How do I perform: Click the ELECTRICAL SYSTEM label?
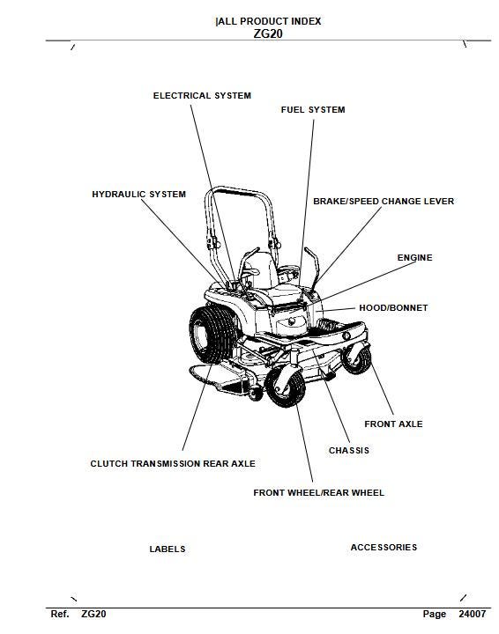click(202, 95)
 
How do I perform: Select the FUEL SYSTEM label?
click(312, 110)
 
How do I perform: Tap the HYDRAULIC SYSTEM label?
click(138, 194)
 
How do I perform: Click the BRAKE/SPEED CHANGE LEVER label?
click(384, 202)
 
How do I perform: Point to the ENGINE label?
click(414, 258)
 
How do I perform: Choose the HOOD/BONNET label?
click(393, 308)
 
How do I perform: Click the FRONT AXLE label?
click(393, 424)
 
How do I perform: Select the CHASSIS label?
click(349, 451)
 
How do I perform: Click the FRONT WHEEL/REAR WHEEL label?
click(318, 493)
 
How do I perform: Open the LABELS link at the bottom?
click(168, 549)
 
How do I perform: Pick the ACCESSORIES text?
click(384, 548)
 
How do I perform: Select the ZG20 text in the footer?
click(93, 614)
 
